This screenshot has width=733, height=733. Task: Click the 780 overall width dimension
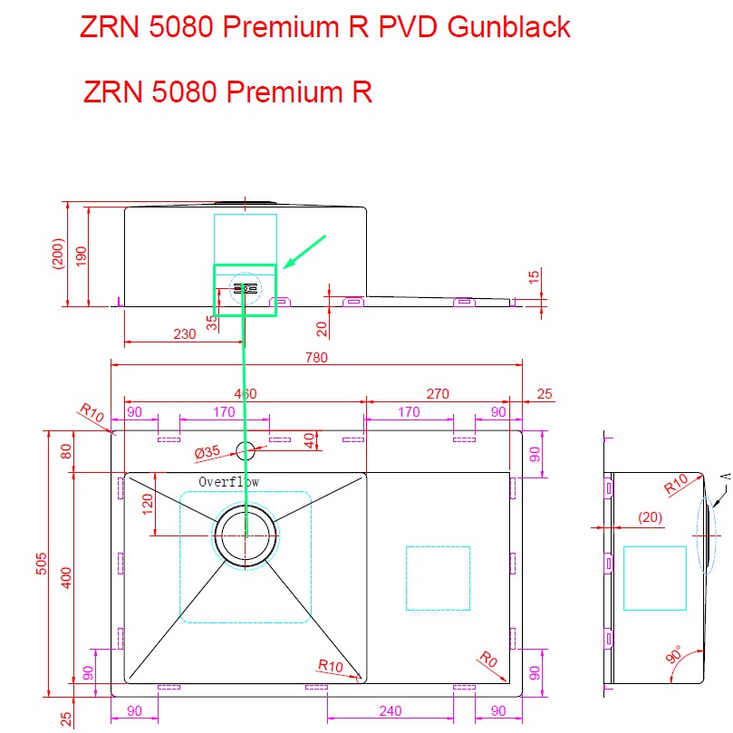(x=316, y=358)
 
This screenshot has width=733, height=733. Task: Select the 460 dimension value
(x=246, y=393)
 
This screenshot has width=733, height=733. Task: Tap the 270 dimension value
(x=438, y=393)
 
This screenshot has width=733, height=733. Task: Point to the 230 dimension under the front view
(x=184, y=333)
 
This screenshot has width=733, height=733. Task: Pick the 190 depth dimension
(x=81, y=256)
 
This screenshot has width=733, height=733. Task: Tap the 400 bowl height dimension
(x=65, y=576)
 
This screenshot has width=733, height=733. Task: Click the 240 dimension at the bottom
(x=390, y=711)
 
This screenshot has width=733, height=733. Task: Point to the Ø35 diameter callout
(x=207, y=452)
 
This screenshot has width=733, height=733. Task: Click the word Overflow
(x=229, y=482)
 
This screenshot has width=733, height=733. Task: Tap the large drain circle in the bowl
(x=246, y=535)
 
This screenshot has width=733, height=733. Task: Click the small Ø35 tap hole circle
(x=246, y=448)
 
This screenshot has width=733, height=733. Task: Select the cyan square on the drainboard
(x=438, y=577)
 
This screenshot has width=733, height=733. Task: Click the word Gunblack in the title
(x=508, y=27)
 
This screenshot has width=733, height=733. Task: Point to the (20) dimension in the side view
(x=649, y=517)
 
